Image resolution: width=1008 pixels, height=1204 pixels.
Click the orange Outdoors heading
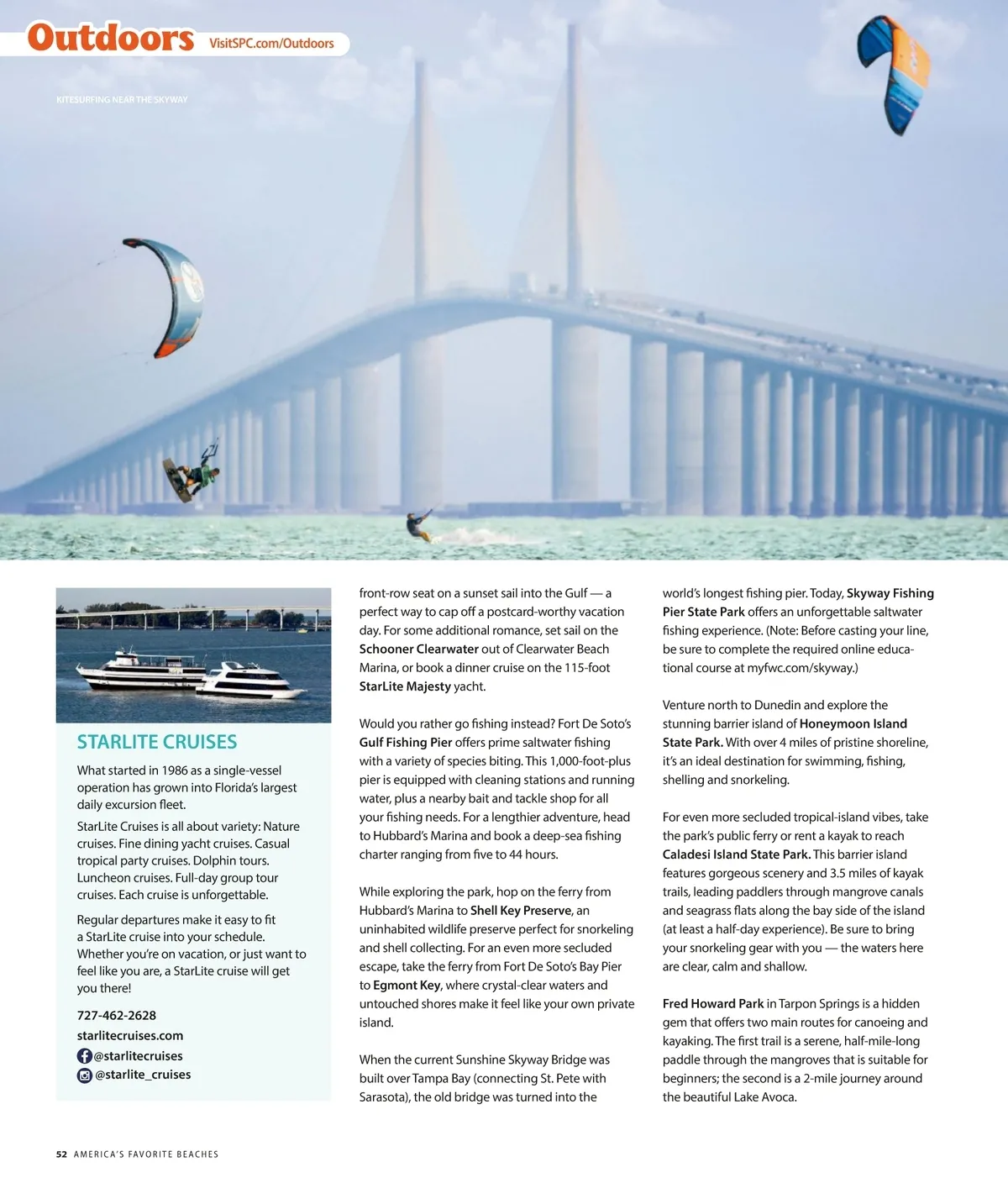111,39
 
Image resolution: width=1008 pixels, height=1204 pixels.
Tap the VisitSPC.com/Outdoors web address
271,44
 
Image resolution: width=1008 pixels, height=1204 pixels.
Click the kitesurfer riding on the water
417,527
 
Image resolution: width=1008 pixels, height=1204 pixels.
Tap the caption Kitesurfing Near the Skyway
122,100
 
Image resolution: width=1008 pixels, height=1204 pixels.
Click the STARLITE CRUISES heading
157,742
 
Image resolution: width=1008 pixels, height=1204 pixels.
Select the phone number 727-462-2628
117,1015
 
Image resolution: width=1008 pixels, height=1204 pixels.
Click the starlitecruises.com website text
130,1035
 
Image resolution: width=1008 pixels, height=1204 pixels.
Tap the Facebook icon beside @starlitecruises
85,1056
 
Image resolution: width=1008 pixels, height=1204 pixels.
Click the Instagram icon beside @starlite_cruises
85,1075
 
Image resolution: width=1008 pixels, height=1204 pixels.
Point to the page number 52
61,1154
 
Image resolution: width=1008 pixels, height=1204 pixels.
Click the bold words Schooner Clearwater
418,649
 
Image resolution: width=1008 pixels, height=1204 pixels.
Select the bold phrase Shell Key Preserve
521,910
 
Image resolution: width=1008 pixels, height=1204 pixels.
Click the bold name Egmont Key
407,985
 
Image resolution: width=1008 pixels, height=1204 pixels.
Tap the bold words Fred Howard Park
713,1003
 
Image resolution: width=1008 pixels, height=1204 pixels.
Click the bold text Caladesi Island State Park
737,854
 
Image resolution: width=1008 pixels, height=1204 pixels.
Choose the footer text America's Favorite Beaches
146,1154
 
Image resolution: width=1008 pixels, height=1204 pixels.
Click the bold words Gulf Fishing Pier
406,742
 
